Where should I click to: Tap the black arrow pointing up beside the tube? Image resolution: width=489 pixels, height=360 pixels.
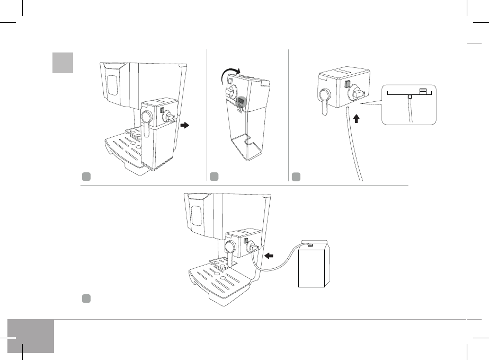(356, 118)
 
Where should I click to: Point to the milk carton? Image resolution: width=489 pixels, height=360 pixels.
(311, 266)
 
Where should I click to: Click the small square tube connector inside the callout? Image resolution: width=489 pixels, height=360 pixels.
(409, 97)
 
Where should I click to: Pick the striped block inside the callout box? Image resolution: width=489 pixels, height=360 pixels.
(423, 91)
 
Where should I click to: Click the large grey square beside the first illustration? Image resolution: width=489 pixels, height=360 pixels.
(63, 63)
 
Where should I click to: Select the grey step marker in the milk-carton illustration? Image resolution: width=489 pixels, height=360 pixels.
(85, 299)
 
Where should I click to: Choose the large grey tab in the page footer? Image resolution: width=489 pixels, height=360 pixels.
(31, 336)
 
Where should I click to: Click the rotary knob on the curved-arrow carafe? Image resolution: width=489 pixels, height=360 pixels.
(232, 92)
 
